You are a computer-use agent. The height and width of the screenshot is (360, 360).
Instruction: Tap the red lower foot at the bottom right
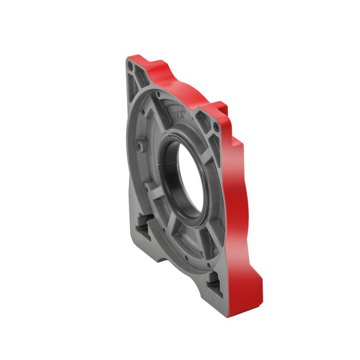(x=252, y=288)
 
